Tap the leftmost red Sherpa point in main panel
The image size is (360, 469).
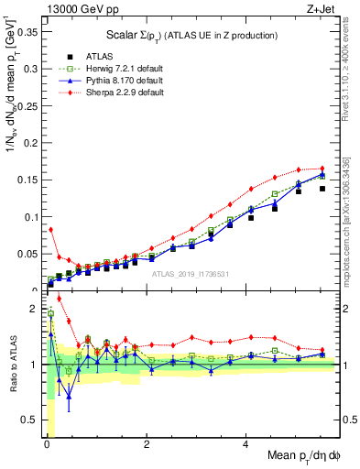(x=51, y=230)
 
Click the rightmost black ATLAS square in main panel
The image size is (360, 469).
(x=322, y=189)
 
